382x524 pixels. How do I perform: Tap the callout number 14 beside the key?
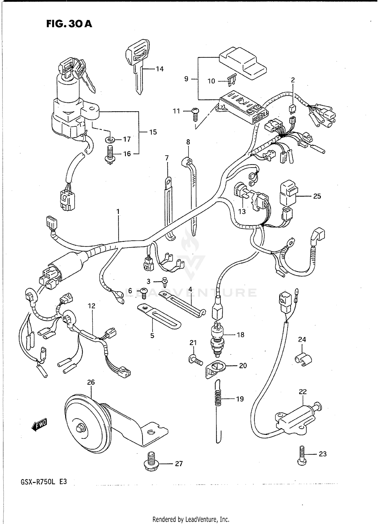[x=159, y=69]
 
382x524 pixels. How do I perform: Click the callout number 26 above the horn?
[x=91, y=382]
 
